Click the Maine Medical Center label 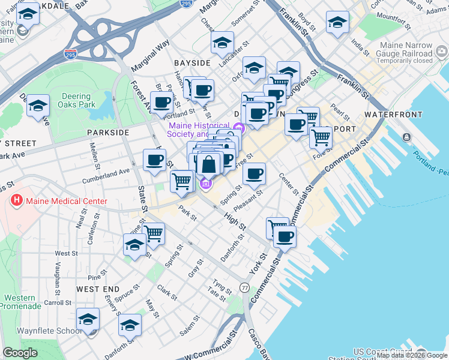click(x=66, y=201)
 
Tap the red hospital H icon click(x=17, y=201)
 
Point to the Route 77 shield click(x=244, y=287)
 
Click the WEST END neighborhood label click(x=95, y=289)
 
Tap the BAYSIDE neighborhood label click(x=192, y=62)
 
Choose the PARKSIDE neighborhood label click(x=108, y=132)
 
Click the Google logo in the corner click(x=20, y=353)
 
